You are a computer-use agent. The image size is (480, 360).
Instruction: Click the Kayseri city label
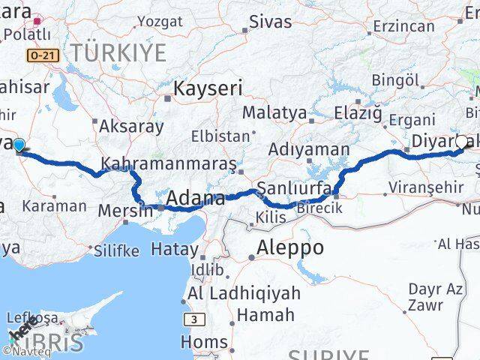click(x=208, y=89)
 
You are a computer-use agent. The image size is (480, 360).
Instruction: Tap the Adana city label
click(x=195, y=199)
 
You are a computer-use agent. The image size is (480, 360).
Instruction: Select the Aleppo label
click(x=290, y=247)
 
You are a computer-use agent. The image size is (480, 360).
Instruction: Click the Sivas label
click(x=270, y=22)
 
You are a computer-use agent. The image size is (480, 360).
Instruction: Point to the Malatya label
click(x=274, y=113)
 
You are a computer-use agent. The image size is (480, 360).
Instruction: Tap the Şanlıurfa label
click(x=293, y=187)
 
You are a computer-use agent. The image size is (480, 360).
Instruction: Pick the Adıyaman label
click(x=309, y=148)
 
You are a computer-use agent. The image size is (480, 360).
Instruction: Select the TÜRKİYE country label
click(x=119, y=52)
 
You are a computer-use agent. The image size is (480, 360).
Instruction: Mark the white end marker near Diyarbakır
click(x=461, y=140)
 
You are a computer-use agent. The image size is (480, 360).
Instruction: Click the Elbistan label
click(x=220, y=136)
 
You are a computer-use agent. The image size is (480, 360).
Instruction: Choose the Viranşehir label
click(x=424, y=187)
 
